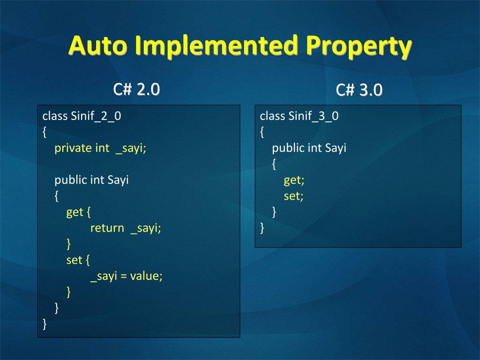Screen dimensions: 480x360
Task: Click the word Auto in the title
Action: pyautogui.click(x=97, y=45)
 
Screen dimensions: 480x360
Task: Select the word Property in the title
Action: pyautogui.click(x=359, y=46)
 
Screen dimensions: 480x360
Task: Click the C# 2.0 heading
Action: pyautogui.click(x=136, y=90)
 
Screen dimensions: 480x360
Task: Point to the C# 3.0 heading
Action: pyautogui.click(x=359, y=90)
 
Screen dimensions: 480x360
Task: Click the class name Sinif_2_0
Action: pyautogui.click(x=96, y=116)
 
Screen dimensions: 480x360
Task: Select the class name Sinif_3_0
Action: pyautogui.click(x=314, y=116)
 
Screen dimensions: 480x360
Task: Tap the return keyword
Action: pyautogui.click(x=107, y=228)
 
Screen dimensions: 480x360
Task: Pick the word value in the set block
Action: pyautogui.click(x=145, y=276)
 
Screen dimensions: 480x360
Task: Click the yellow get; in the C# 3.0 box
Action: pyautogui.click(x=294, y=180)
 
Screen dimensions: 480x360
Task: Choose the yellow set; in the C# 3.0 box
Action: pyautogui.click(x=293, y=196)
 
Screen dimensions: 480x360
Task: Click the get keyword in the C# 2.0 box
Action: pyautogui.click(x=75, y=212)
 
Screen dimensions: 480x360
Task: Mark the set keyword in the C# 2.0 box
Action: pyautogui.click(x=75, y=260)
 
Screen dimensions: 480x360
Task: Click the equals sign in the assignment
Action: pyautogui.click(x=123, y=276)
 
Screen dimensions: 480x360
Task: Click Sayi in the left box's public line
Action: pyautogui.click(x=118, y=180)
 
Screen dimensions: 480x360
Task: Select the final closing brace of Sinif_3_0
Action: pyautogui.click(x=262, y=228)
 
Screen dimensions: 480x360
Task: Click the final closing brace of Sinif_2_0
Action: pyautogui.click(x=45, y=324)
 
